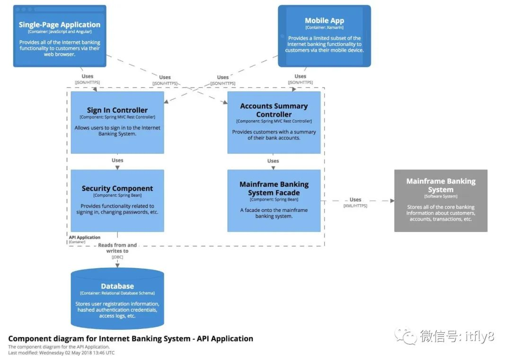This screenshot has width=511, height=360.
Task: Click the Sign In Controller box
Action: point(117,123)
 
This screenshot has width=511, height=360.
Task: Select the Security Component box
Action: point(117,201)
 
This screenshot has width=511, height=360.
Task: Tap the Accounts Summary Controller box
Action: point(274,123)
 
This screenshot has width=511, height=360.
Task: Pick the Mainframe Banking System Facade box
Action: point(274,201)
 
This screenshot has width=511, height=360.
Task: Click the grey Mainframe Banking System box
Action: point(441,201)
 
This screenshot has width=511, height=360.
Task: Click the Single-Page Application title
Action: point(60,25)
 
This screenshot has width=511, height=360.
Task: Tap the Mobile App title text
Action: point(325,20)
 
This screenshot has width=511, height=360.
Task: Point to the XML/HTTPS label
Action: point(355,206)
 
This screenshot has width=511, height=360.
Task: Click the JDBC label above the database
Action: point(117,257)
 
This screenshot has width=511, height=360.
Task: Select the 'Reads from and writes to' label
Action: point(117,248)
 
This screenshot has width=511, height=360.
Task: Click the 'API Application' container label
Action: point(85,237)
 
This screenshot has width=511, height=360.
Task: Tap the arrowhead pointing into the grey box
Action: point(392,201)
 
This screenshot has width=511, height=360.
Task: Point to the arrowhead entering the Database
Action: point(117,265)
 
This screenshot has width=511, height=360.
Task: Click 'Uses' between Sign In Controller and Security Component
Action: point(117,160)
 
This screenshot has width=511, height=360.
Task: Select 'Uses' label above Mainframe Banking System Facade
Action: point(273,161)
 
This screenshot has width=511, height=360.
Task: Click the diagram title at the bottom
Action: point(131,339)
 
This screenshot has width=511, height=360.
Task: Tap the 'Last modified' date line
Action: point(62,353)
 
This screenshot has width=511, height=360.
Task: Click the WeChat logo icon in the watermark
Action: point(406,336)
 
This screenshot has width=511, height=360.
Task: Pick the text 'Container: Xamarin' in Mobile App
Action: point(325,28)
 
